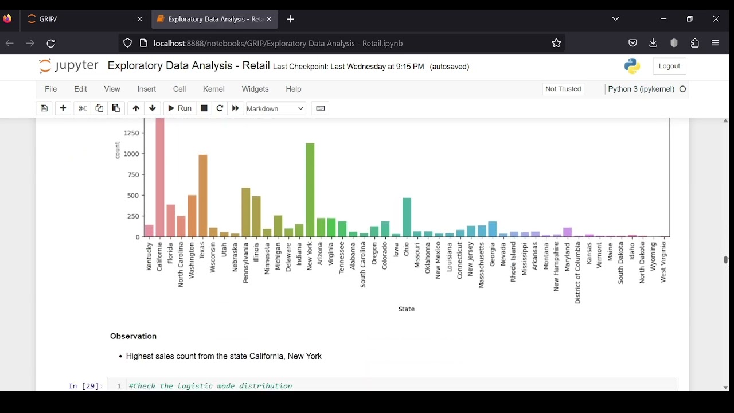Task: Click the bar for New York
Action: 310,190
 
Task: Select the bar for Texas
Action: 203,196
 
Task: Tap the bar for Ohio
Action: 407,217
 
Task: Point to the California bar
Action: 160,177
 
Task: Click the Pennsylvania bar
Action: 246,212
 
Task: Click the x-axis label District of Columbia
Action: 578,272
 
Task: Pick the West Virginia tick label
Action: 663,262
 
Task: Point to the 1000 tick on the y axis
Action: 131,154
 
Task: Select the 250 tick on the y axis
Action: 133,216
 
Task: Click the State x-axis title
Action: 407,309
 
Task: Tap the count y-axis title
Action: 118,150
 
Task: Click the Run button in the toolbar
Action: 179,108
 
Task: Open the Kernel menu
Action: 214,89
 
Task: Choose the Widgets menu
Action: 255,89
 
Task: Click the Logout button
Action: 669,66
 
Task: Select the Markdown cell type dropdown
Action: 276,108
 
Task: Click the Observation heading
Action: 134,336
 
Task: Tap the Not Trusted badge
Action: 563,89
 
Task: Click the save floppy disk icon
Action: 44,108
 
